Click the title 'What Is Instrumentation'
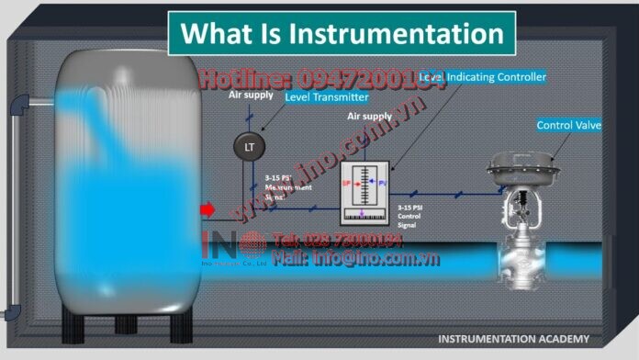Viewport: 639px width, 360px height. click(x=342, y=34)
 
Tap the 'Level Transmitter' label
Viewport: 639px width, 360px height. click(x=327, y=96)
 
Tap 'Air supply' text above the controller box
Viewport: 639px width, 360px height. click(x=369, y=118)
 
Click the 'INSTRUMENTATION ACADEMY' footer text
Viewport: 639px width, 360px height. click(x=513, y=339)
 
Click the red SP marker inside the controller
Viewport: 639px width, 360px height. click(x=348, y=183)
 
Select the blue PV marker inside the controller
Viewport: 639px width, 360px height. click(x=381, y=183)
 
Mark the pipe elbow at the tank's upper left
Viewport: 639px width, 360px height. click(x=18, y=107)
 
